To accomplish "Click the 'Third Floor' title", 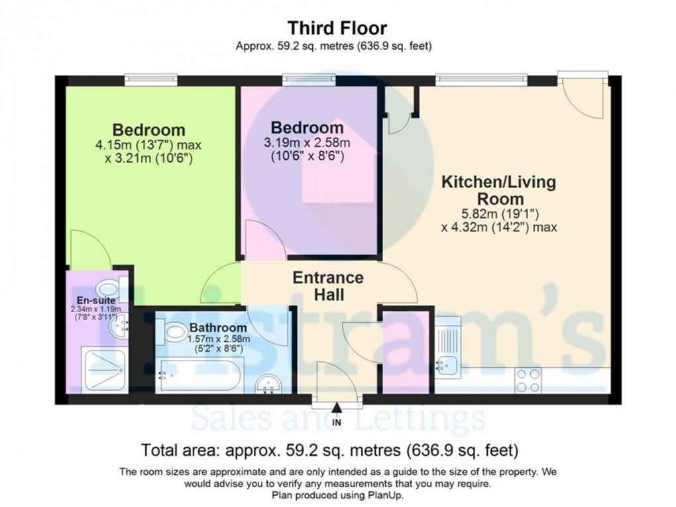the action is click(x=337, y=28).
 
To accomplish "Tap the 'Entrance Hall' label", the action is click(x=328, y=286).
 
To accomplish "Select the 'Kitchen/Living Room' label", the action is click(x=499, y=190).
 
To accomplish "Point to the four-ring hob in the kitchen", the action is click(x=528, y=380).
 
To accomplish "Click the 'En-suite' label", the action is click(x=96, y=300).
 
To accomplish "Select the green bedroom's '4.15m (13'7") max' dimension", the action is click(x=148, y=145).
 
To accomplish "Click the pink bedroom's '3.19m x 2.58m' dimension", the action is click(x=307, y=142).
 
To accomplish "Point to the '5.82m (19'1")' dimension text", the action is click(x=500, y=213).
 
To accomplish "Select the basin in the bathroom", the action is click(x=268, y=384).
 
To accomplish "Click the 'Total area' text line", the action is click(x=330, y=451).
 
